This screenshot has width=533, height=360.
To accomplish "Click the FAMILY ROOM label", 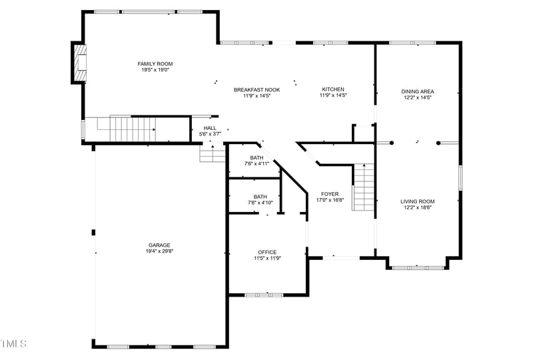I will click(x=155, y=64).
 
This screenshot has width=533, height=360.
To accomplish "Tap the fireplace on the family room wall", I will click(x=80, y=63).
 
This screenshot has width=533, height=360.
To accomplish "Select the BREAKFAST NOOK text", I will click(x=257, y=89).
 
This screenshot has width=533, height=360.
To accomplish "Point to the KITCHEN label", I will click(x=333, y=89).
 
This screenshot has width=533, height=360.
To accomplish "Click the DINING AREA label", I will click(x=418, y=91).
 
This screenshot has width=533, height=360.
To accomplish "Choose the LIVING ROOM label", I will click(x=418, y=201).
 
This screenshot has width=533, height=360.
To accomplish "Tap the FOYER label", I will click(x=330, y=194).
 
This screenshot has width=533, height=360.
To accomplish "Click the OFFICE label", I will click(x=267, y=252).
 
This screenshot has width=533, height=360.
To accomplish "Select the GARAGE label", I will click(x=159, y=245).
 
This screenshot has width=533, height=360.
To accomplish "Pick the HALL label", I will click(x=210, y=128).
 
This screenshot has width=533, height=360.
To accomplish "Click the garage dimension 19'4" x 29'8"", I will click(x=159, y=251).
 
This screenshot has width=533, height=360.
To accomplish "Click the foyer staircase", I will click(x=363, y=188).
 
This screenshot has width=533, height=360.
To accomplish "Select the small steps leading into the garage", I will click(x=213, y=155).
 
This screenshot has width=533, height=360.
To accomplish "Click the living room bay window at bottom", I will click(x=418, y=267).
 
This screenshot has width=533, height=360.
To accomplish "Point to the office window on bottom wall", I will click(x=265, y=294).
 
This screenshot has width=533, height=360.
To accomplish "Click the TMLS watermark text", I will click(x=13, y=344).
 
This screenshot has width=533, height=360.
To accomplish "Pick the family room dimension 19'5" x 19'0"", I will click(x=155, y=70).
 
